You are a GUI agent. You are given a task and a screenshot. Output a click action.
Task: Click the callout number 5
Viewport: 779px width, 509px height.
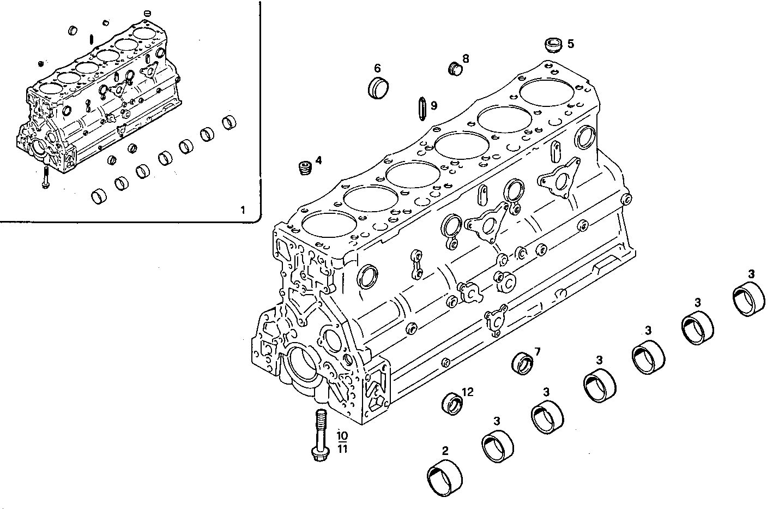point(570,44)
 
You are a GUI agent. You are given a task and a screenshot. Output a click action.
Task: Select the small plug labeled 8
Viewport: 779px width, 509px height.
point(455,68)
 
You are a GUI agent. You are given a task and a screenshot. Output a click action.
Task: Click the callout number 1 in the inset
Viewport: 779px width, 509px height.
point(243,209)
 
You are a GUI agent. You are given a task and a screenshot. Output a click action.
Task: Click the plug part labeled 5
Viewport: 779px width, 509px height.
point(554,45)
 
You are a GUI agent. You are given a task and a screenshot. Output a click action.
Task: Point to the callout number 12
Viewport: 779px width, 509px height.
point(467,392)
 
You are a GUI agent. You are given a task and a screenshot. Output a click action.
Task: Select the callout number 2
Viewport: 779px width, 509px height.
point(445,451)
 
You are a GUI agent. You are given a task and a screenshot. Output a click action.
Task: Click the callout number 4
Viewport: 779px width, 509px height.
point(318,160)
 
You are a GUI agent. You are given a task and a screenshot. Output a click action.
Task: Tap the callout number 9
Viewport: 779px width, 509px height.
point(434,105)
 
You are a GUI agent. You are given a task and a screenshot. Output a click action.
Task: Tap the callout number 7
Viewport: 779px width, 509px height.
point(537,351)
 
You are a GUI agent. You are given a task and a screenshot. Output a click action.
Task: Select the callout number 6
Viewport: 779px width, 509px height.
point(377,68)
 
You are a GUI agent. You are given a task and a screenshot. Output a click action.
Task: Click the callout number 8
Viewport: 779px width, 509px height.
point(466,58)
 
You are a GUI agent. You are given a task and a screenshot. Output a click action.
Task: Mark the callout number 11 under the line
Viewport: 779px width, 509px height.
point(342,449)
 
